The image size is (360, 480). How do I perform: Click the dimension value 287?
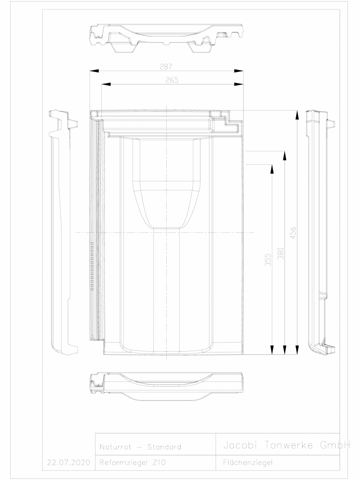(166, 67)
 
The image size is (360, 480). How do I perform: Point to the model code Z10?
(158, 462)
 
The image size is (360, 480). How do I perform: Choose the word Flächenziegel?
(245, 462)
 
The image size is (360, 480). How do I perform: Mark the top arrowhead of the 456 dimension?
(297, 114)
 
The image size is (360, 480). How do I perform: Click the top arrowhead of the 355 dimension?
(271, 168)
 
